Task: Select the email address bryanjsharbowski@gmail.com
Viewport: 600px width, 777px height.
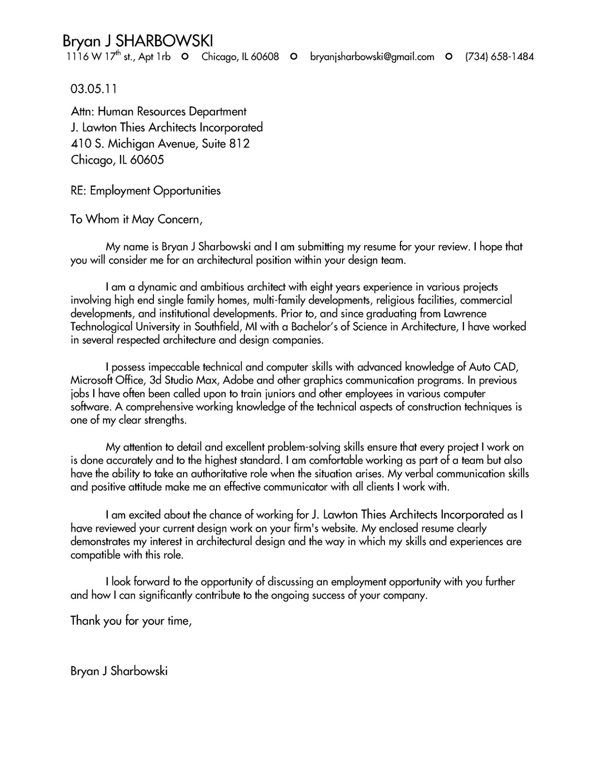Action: click(x=372, y=57)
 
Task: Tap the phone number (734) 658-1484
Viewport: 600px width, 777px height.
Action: click(x=499, y=57)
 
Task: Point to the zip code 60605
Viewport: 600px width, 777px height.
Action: click(x=147, y=160)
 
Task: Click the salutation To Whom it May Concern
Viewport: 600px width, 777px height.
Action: click(x=135, y=220)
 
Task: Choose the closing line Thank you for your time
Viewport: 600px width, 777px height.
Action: click(x=131, y=621)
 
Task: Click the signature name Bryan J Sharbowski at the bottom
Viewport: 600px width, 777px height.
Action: click(x=119, y=672)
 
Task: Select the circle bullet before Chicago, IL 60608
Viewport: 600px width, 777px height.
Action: click(x=184, y=57)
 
